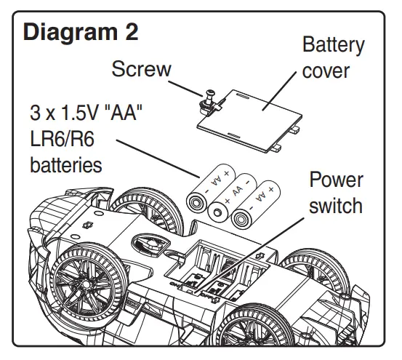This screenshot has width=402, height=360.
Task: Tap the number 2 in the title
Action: [x=129, y=33]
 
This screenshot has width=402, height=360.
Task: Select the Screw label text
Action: [x=141, y=69]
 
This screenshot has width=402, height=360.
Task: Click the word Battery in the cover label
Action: [x=333, y=45]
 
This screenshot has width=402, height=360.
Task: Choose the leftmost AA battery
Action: [x=209, y=188]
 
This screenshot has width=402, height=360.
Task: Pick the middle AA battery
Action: [x=230, y=196]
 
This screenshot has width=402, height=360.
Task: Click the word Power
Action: [x=336, y=180]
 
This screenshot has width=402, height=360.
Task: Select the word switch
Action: [x=336, y=206]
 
